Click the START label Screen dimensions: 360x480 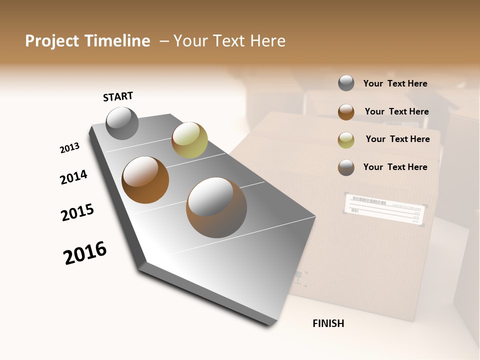click(x=118, y=96)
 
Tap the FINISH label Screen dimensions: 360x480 click(x=328, y=323)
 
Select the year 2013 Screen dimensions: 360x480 click(x=69, y=148)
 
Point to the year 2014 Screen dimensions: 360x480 click(x=73, y=177)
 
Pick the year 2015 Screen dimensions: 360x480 click(x=77, y=213)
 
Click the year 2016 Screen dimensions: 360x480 click(x=85, y=253)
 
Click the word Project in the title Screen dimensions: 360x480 click(x=52, y=41)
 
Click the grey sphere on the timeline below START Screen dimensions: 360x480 click(x=122, y=123)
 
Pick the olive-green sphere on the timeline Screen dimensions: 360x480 click(x=189, y=139)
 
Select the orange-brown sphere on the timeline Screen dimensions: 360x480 click(x=145, y=180)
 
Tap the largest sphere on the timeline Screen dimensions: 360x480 click(x=216, y=207)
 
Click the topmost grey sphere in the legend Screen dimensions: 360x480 click(x=346, y=83)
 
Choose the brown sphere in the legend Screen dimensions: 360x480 click(x=346, y=111)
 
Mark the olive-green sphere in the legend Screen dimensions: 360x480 click(x=346, y=139)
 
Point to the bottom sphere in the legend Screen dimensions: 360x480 click(x=346, y=167)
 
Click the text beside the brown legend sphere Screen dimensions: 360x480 click(x=396, y=111)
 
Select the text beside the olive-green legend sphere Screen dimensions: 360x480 click(x=397, y=139)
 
